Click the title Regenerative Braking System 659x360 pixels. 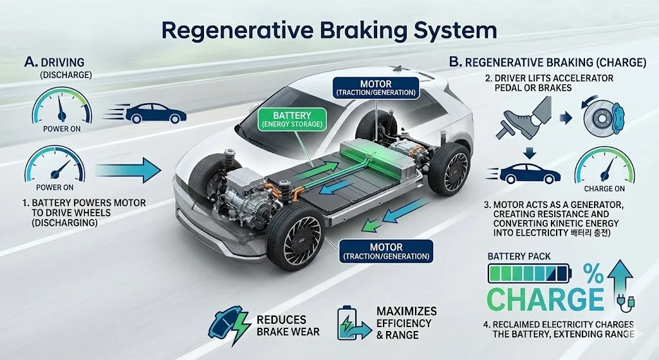point(329,30)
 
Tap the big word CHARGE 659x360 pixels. point(544,299)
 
